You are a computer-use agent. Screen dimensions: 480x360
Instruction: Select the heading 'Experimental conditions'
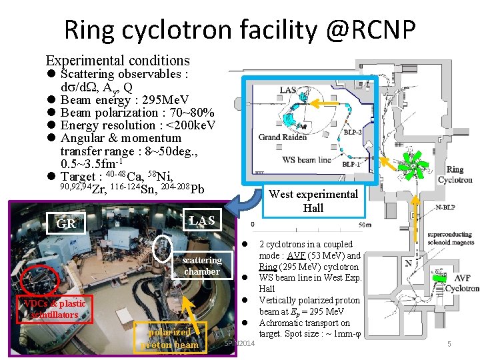(x=117, y=60)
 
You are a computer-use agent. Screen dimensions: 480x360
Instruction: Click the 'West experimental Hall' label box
(x=313, y=201)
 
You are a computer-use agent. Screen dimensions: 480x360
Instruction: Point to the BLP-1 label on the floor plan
(x=354, y=164)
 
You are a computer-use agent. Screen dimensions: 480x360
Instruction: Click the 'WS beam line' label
(x=307, y=159)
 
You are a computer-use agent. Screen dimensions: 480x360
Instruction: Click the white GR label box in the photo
(x=66, y=223)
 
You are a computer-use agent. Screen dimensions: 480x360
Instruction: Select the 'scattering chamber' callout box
(x=202, y=265)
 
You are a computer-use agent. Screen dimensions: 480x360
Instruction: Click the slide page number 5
(x=449, y=344)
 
